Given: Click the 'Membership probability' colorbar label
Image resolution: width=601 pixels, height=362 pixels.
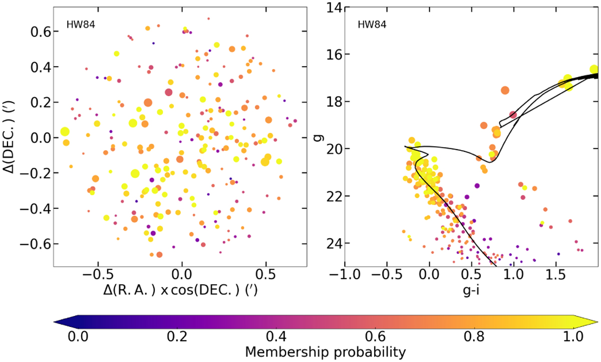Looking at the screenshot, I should pyautogui.click(x=326, y=351).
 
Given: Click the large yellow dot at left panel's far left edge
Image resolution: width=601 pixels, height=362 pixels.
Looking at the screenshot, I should pyautogui.click(x=65, y=132).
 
